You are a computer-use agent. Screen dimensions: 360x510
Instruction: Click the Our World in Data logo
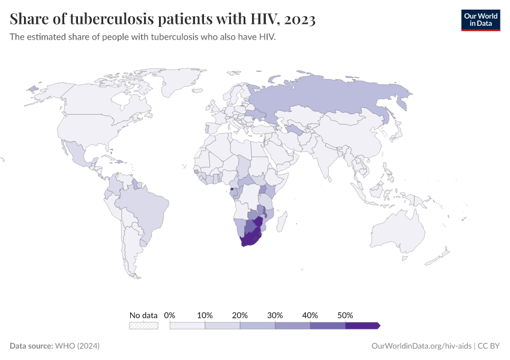click(x=480, y=20)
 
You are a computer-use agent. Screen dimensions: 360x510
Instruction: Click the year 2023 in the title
click(x=298, y=20)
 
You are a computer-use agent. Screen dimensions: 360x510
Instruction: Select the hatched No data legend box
click(x=144, y=325)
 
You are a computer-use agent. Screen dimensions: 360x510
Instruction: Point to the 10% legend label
click(x=205, y=315)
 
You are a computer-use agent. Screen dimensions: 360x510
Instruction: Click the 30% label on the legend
click(x=275, y=315)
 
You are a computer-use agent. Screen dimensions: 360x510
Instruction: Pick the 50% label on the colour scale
click(x=345, y=315)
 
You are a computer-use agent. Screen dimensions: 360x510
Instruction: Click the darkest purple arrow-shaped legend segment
click(x=362, y=325)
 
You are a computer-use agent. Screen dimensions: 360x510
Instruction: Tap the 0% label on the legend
click(x=170, y=315)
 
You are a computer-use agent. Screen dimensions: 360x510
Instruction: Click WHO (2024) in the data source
click(x=77, y=346)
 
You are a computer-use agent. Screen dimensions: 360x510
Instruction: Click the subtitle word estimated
click(x=50, y=37)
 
